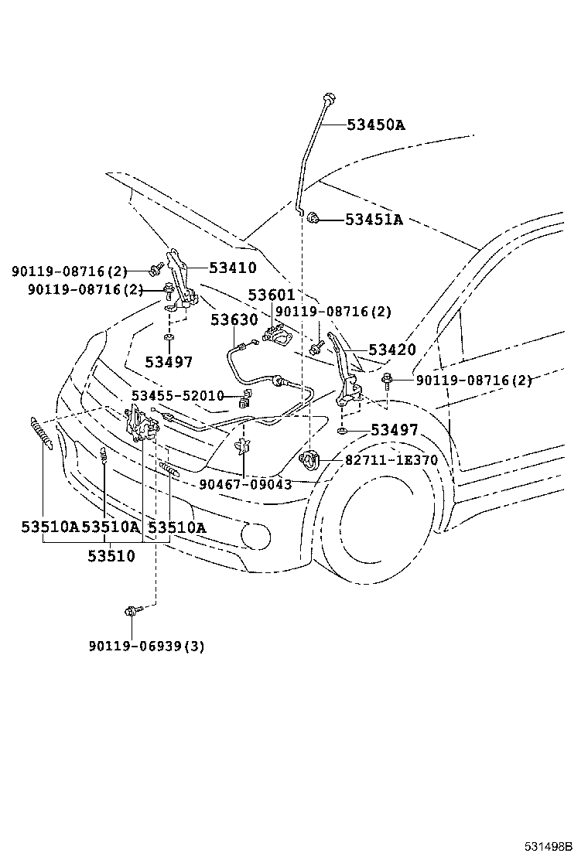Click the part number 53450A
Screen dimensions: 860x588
point(375,125)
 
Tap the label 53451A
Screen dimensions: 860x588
point(374,220)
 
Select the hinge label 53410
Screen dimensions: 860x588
point(232,268)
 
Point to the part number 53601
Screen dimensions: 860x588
point(271,295)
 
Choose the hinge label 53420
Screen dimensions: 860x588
point(391,350)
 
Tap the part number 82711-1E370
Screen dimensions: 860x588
point(391,460)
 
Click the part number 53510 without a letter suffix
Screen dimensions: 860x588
point(111,555)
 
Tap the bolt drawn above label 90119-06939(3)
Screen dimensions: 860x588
point(130,612)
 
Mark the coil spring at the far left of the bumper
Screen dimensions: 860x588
point(41,431)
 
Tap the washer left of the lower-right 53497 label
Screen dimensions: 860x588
point(342,429)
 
